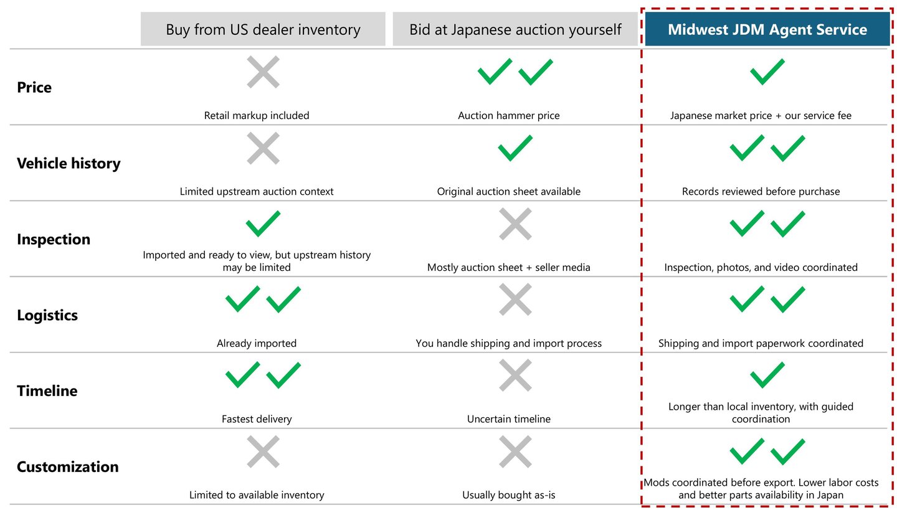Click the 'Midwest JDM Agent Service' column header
pos(767,29)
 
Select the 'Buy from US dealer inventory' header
pos(263,29)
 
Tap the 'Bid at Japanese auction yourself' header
pos(515,29)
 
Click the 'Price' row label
pos(34,88)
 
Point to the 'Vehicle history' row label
pos(69,164)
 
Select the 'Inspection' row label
pos(54,240)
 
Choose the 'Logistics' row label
pos(47,316)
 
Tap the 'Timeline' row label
pos(47,392)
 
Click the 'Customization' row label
pos(67,467)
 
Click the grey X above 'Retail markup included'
pos(263,72)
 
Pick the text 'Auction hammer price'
pos(509,115)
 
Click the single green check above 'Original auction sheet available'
pos(515,148)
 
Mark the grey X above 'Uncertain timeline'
pos(515,375)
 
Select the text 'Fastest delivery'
pos(257,419)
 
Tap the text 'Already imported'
pos(257,343)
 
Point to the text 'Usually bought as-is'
pos(509,495)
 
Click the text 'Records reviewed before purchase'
pos(761,191)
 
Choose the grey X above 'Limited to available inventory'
pos(263,451)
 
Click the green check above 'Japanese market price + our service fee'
pos(767,72)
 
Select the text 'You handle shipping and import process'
pos(509,343)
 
